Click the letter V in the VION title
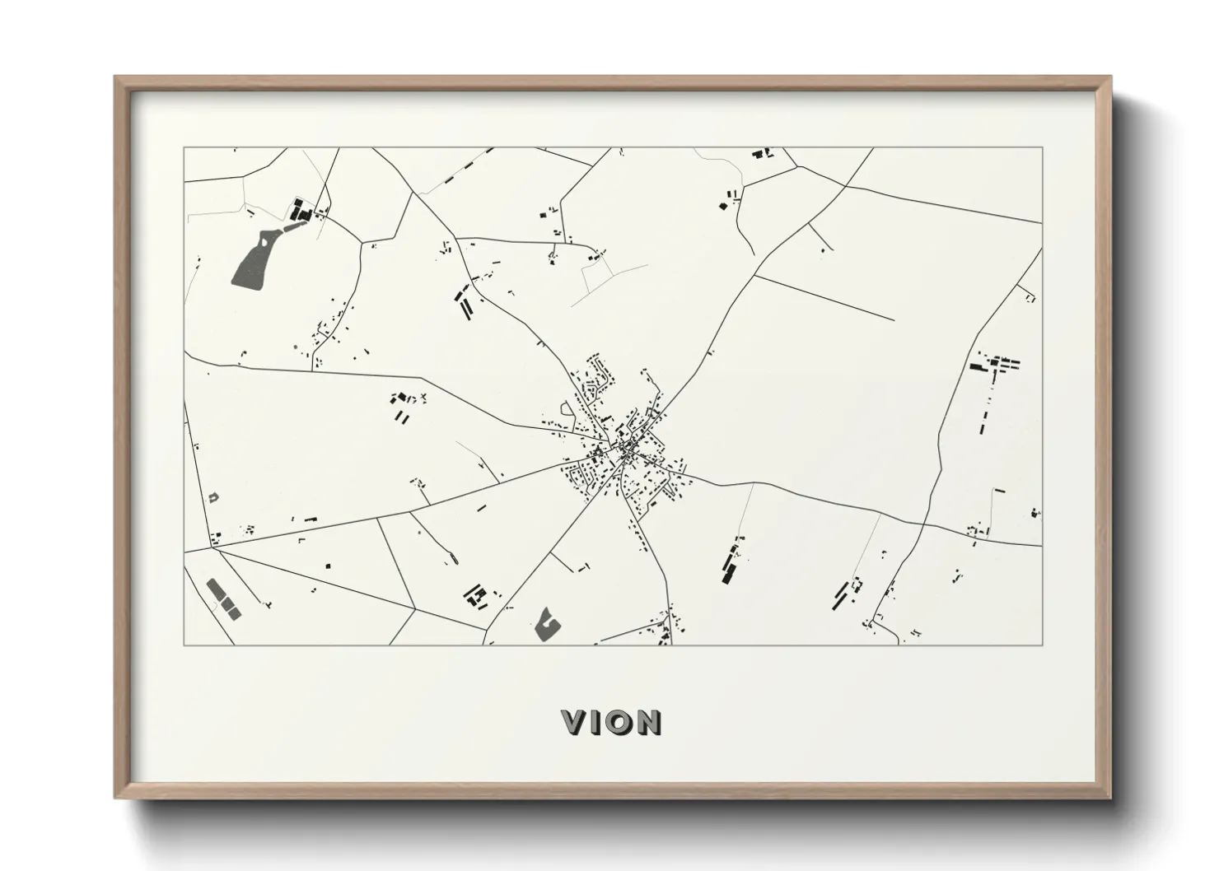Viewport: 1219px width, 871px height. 574,722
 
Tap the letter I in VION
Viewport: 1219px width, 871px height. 599,722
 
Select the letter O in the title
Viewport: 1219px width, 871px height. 620,722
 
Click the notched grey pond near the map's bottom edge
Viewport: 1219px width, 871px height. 546,624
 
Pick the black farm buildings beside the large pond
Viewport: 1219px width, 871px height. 301,212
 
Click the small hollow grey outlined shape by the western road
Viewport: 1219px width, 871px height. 213,497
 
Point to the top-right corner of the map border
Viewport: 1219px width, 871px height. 1042,148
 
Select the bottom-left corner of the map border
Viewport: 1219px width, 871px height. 184,645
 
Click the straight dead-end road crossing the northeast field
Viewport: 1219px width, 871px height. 824,297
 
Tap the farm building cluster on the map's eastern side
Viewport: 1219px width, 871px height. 995,364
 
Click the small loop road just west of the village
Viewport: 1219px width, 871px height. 567,409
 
